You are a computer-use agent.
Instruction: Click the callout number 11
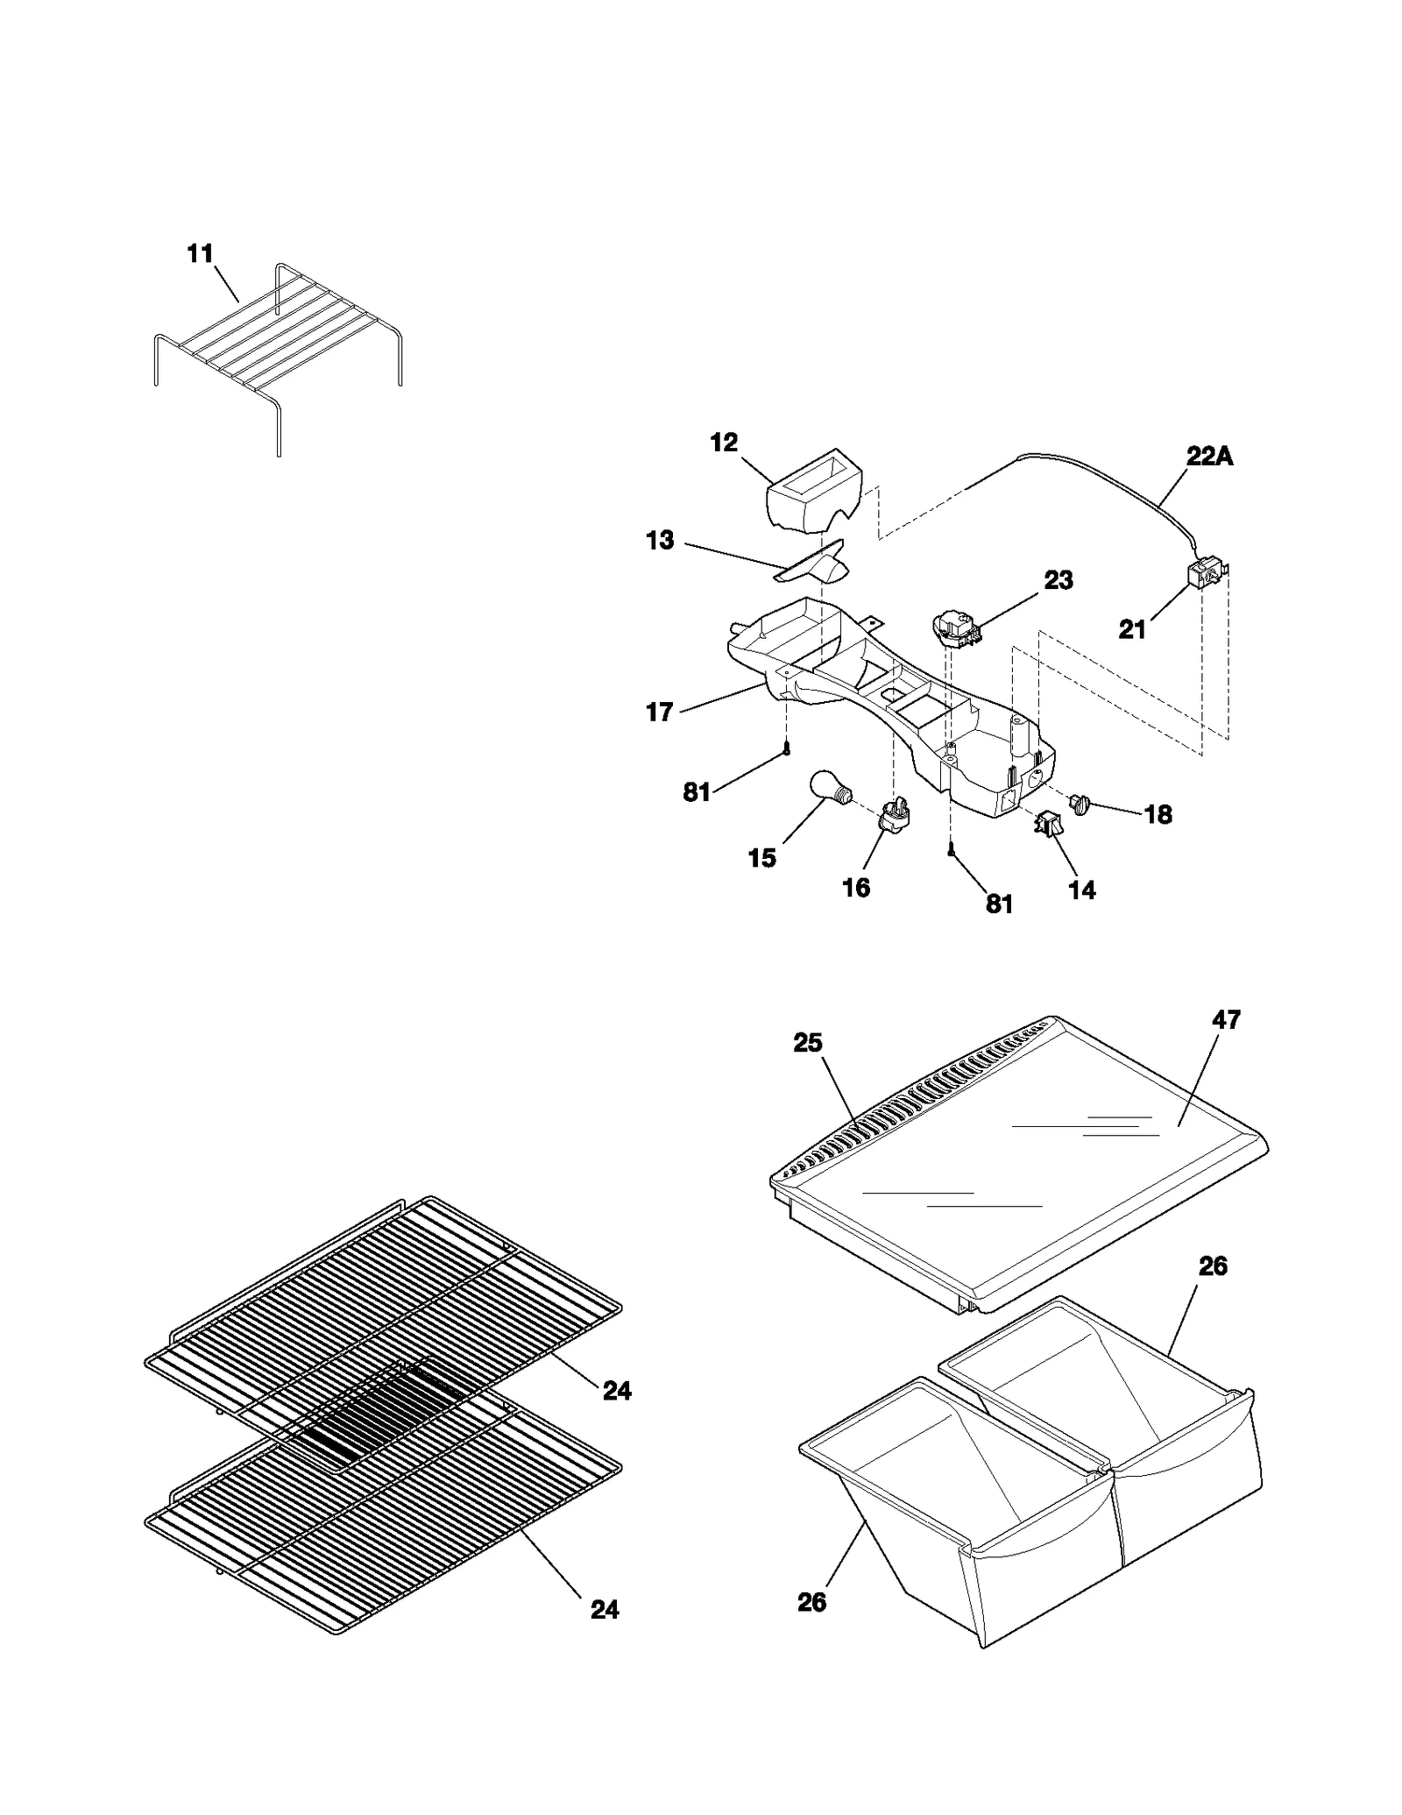pos(200,254)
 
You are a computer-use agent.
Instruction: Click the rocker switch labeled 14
pos(1048,824)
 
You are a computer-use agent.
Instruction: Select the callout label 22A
pos(1209,457)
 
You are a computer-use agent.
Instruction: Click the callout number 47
pos(1227,1019)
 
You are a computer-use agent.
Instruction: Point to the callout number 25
pos(808,1042)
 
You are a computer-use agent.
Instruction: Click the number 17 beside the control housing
pos(659,713)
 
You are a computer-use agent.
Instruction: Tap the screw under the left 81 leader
pos(787,748)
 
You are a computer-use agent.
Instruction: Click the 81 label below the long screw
pos(999,904)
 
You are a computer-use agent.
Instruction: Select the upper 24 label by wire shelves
pos(617,1391)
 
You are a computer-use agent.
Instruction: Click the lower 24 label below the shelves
pos(605,1610)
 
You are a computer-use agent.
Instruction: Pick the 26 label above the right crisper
pos(1213,1266)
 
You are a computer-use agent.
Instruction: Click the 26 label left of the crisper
pos(811,1602)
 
